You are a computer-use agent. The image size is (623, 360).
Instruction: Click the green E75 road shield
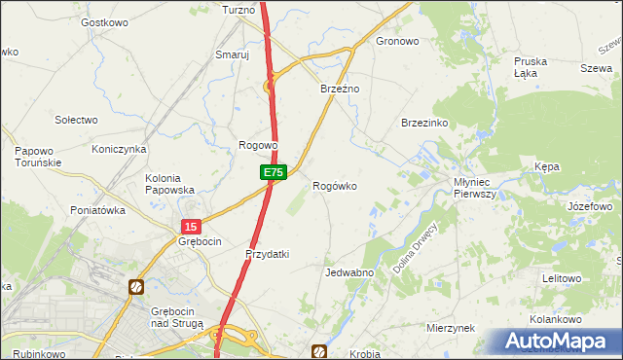pos(273,172)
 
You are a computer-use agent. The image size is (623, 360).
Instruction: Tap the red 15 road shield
pos(189,226)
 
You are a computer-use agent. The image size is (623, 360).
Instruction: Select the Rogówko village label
pos(340,185)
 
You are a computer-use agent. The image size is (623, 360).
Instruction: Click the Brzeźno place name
pos(341,89)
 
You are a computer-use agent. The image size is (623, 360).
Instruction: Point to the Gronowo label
pos(397,42)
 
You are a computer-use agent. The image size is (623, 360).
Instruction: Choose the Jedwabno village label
pos(349,273)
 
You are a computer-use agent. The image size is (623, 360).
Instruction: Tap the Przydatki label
pos(267,254)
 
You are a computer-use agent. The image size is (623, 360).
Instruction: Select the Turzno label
pos(238,9)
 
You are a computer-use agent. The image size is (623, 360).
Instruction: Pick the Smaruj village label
pos(233,55)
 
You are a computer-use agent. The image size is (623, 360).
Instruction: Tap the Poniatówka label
pos(98,210)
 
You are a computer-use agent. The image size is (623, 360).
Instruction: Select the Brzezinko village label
pos(423,123)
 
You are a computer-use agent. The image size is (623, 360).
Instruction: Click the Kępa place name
pos(546,167)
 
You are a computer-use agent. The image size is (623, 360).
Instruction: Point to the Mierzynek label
pos(451,328)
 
